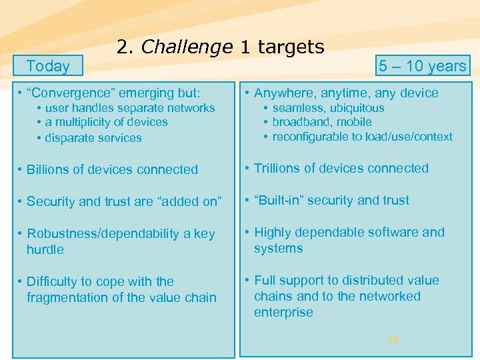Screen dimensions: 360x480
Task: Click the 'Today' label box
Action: point(48,66)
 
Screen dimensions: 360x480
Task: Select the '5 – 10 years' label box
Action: point(422,66)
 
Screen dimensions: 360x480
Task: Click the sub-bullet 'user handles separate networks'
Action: point(129,108)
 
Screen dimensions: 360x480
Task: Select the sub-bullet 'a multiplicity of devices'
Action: point(106,122)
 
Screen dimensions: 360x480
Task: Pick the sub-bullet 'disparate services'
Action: point(93,138)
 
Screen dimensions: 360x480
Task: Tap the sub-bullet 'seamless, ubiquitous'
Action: point(328,108)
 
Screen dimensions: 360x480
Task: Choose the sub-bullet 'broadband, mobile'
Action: point(322,122)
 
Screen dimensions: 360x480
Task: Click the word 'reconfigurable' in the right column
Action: point(309,137)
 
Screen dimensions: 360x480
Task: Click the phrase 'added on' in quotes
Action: point(195,201)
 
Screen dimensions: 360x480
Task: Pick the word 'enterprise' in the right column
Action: point(283,312)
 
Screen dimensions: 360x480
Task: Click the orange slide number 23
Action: point(393,340)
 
